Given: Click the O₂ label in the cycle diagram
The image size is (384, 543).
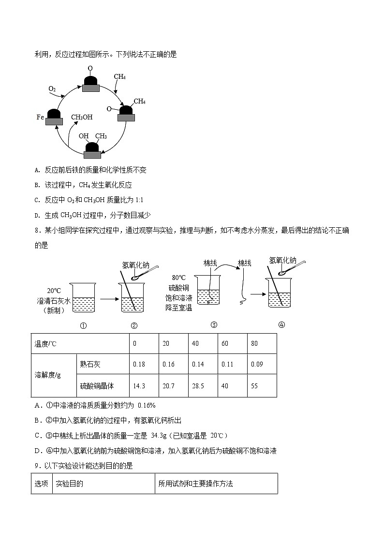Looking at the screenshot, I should (x=52, y=89).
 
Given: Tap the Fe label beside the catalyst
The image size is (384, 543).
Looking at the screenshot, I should (x=40, y=117).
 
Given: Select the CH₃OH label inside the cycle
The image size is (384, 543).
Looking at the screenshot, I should (x=82, y=117).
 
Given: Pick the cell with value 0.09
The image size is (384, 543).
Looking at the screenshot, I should (x=257, y=364).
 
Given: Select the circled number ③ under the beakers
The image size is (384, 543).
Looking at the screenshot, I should (x=213, y=324).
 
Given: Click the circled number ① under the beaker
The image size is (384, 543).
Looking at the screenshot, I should (x=83, y=325).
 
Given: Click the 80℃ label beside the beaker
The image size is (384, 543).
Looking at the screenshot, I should (x=178, y=278).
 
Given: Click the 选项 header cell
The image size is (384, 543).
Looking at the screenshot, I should (x=42, y=484).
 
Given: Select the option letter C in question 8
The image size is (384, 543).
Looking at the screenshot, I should (x=37, y=435).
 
